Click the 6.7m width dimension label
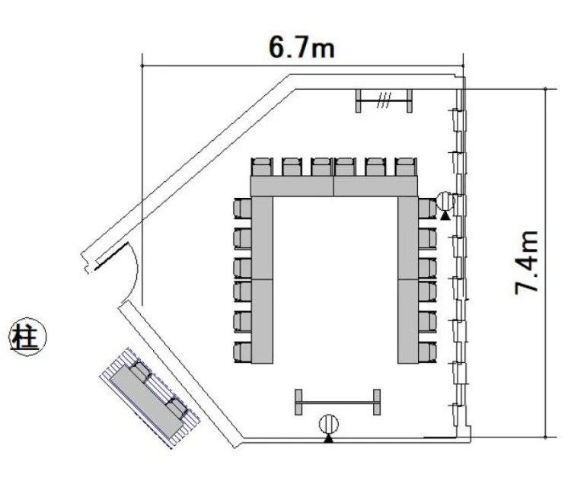tap(301, 48)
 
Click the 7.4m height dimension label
tap(527, 263)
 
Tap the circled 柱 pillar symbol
tap(27, 338)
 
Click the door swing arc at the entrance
tap(134, 269)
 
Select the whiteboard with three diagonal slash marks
tap(384, 100)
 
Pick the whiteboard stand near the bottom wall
tap(337, 403)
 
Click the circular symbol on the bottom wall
tap(328, 424)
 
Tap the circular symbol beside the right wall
tap(445, 201)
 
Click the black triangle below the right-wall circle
tap(445, 216)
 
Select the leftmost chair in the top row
tap(262, 167)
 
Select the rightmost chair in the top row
tap(406, 167)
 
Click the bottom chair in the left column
tap(242, 352)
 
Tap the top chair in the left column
tap(242, 209)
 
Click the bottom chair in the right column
tap(427, 352)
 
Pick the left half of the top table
tap(292, 186)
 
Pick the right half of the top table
tap(375, 186)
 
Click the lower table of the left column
tap(262, 321)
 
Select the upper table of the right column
tap(408, 238)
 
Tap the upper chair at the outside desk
tap(142, 371)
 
